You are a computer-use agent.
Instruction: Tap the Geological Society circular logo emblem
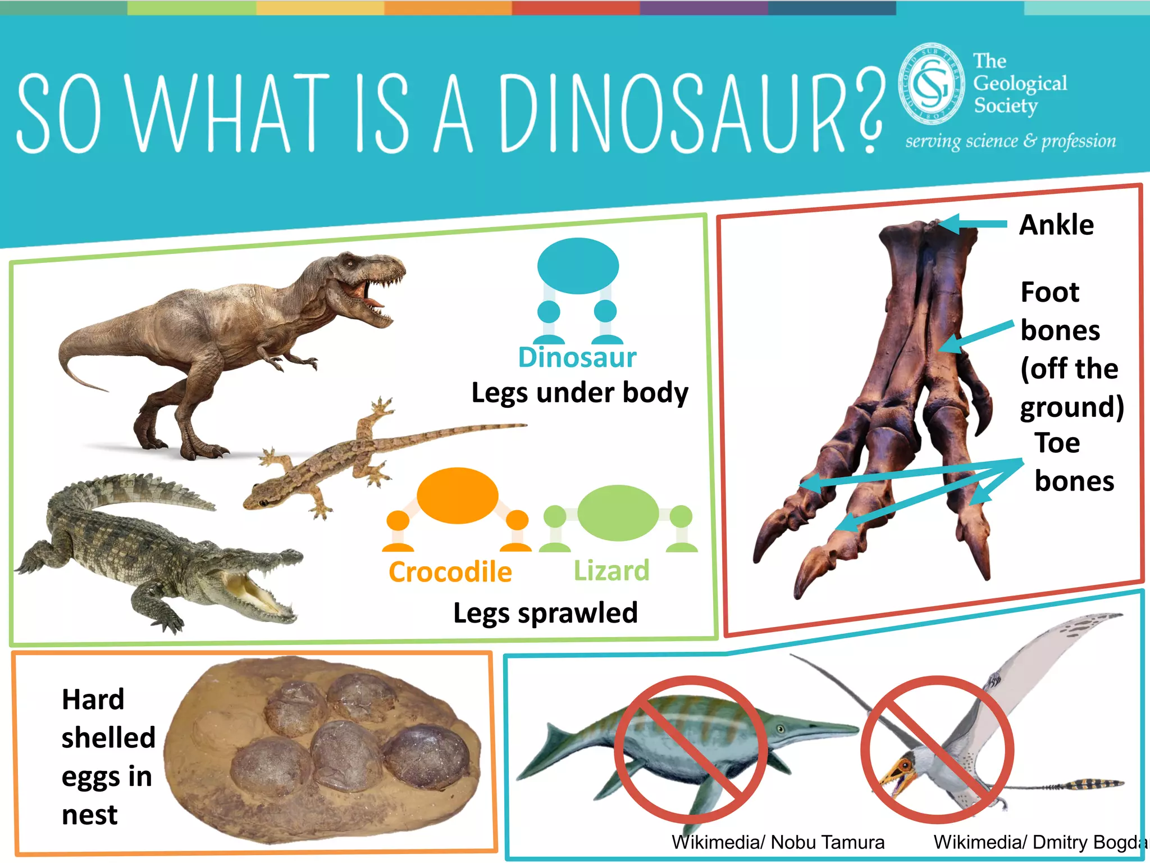(x=930, y=84)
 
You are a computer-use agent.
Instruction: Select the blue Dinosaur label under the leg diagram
(x=577, y=358)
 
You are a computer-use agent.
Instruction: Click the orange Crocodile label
(x=450, y=572)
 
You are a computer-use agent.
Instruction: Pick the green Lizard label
(x=611, y=571)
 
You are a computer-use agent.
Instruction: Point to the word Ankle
(x=1056, y=225)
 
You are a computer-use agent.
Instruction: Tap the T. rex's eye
(x=349, y=263)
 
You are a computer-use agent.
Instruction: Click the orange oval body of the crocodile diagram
(x=458, y=496)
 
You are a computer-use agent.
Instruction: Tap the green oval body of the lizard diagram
(x=618, y=513)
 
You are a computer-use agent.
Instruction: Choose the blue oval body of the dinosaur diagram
(x=578, y=266)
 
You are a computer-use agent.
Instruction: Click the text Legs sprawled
(x=545, y=613)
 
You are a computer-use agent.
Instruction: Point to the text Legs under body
(x=579, y=393)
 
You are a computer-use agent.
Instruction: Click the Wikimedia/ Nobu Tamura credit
(x=778, y=842)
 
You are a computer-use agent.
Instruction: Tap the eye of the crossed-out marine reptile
(x=781, y=729)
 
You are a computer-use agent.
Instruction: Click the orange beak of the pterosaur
(x=893, y=778)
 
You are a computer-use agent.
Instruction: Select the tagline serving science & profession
(x=1010, y=141)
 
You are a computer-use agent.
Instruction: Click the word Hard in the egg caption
(x=93, y=700)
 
